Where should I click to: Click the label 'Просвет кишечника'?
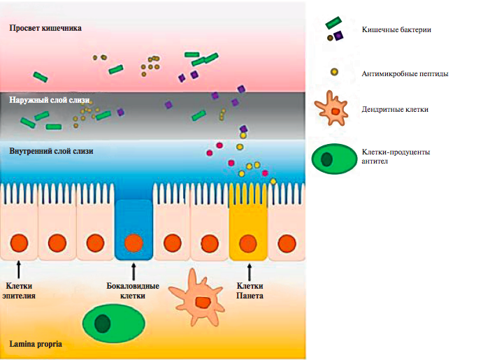click(x=45, y=29)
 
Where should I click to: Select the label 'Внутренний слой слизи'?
click(x=51, y=151)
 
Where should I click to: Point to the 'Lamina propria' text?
click(x=35, y=344)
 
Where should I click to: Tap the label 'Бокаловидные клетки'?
click(x=133, y=291)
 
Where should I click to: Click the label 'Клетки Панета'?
click(x=250, y=291)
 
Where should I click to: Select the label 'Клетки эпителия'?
click(x=20, y=291)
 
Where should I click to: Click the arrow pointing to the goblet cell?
click(x=134, y=270)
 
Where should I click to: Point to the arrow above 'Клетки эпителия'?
click(x=19, y=270)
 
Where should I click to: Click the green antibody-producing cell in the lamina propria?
click(x=114, y=323)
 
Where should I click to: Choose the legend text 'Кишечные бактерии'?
click(x=396, y=29)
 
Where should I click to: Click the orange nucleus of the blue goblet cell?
click(x=134, y=244)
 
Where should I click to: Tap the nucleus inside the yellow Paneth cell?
click(x=248, y=244)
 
